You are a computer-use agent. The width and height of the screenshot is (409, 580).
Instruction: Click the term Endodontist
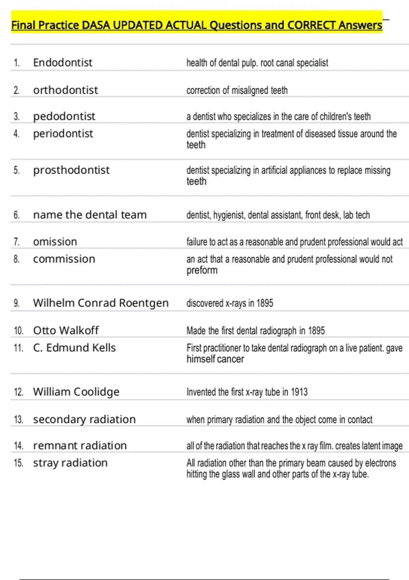point(63,63)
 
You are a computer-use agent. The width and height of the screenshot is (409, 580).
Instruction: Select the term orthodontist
point(65,90)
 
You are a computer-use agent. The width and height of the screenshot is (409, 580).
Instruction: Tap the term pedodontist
point(64,116)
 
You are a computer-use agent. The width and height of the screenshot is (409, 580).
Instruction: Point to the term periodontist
point(63,134)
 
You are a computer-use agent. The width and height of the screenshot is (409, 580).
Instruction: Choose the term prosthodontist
point(71,170)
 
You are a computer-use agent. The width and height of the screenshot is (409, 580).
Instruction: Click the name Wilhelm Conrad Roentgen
point(101,303)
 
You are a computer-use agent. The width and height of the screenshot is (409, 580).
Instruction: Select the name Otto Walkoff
point(66,330)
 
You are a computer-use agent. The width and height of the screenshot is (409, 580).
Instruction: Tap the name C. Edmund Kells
point(74,348)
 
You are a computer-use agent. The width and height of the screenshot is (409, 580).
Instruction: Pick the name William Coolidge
point(76,392)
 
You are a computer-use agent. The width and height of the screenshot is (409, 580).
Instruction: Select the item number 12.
point(18,392)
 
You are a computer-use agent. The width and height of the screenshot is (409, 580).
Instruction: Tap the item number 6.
point(17,215)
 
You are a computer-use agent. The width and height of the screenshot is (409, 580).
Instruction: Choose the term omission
point(55,242)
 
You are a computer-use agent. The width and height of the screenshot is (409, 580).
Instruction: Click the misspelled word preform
point(202,270)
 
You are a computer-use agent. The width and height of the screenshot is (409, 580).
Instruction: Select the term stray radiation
point(70,463)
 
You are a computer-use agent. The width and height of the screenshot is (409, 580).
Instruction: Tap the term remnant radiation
point(80,446)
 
